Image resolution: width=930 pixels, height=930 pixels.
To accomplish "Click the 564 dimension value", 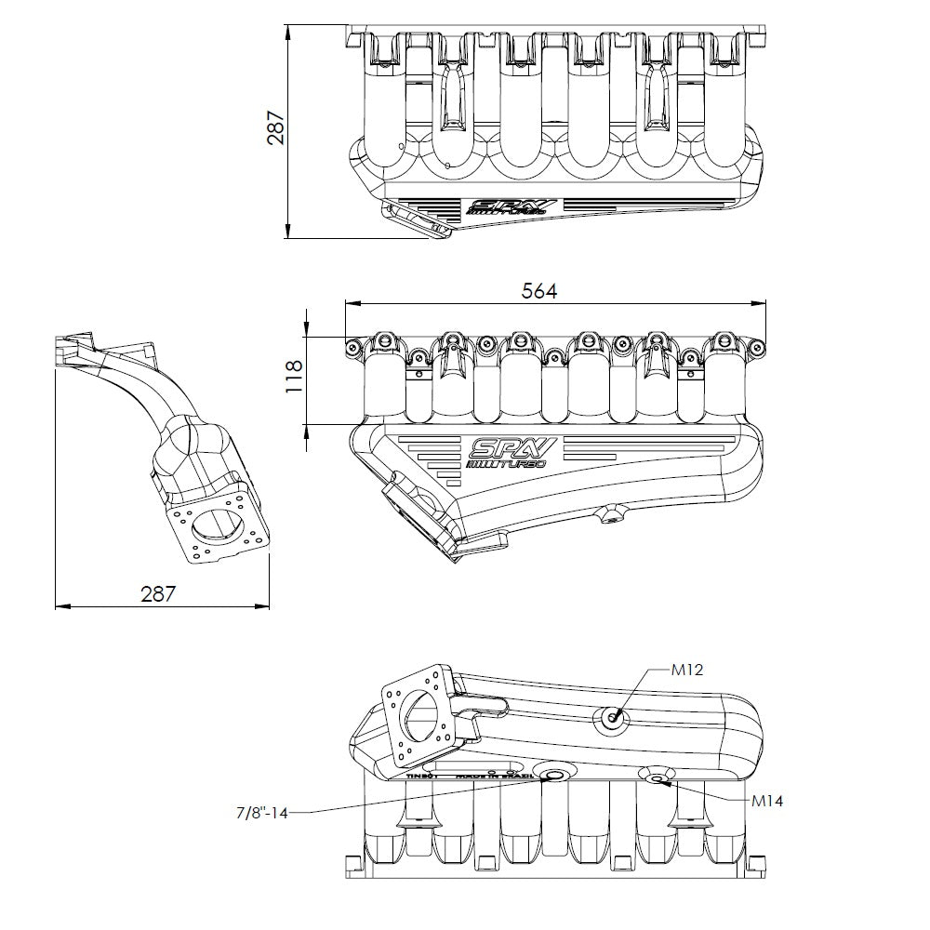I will pos(538,291).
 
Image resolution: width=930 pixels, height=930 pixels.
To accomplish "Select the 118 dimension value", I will pos(294,379).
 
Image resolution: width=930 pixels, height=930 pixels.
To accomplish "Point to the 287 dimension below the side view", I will pos(157,593).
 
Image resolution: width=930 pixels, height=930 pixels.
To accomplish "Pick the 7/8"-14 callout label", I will pos(261,813).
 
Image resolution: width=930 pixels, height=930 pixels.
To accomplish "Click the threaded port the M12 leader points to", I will pos(614,717).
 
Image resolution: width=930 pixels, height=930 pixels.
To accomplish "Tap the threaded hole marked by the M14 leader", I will pos(657,777).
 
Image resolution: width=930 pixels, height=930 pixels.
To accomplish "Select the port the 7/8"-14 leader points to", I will pos(556,776).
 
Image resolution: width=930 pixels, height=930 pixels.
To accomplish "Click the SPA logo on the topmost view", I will pos(512,206).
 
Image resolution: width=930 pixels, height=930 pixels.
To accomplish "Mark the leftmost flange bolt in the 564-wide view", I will pos(352,348).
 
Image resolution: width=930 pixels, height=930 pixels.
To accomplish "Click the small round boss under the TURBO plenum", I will pos(611,514).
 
